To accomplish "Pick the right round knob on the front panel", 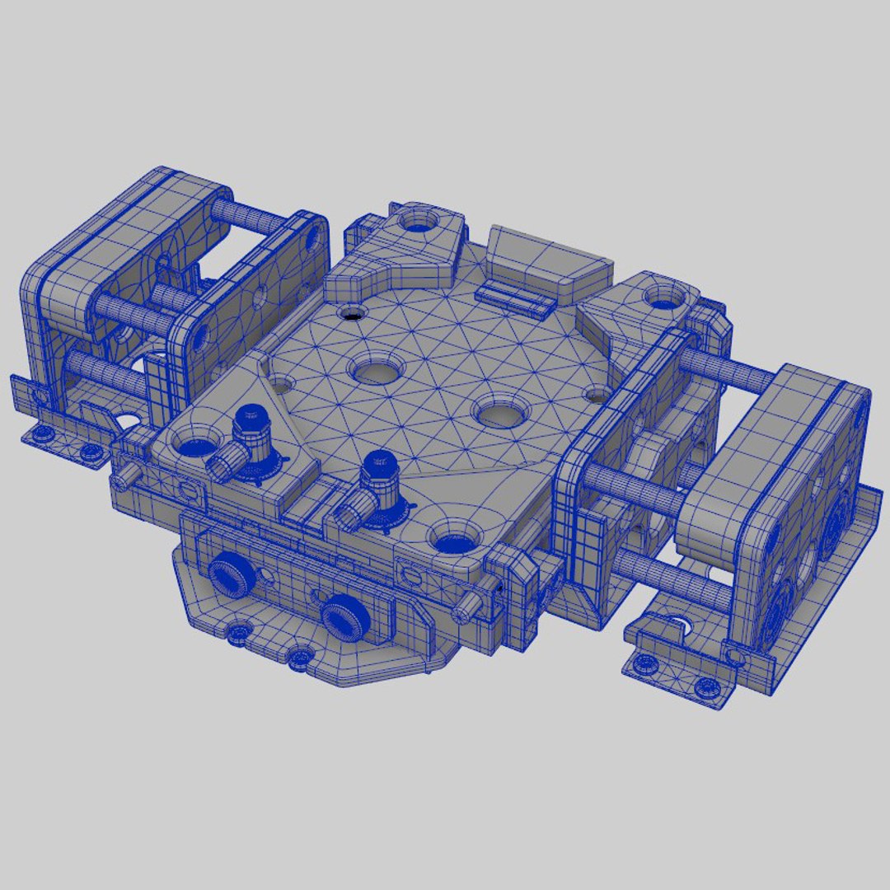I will (343, 618).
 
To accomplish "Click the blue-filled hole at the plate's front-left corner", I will (194, 446).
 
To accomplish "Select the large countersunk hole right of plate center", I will (499, 410).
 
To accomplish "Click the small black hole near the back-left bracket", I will (352, 313).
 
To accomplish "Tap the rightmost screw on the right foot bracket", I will (705, 685).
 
